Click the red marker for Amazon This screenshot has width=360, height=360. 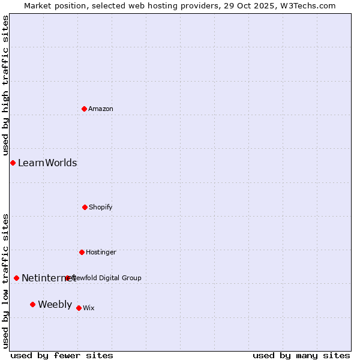tap(85, 109)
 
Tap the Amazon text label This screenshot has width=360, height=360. tap(101, 109)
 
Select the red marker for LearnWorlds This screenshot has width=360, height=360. tap(13, 163)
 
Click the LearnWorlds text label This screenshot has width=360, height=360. tap(47, 163)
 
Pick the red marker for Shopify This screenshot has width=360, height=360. tap(85, 207)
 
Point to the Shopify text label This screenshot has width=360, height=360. tap(101, 208)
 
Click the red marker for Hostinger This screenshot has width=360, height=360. tap(82, 252)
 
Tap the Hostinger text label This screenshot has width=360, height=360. tap(101, 253)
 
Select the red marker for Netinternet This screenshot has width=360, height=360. tap(16, 278)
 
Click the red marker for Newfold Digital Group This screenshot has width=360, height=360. tap(67, 278)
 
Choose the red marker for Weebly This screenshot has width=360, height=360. tap(32, 304)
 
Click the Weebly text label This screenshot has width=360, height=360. tap(55, 305)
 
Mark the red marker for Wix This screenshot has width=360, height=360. tap(79, 308)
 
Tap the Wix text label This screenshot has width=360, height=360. tap(89, 308)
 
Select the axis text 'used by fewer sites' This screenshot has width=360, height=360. tap(62, 356)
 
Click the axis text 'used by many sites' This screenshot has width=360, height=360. tap(301, 356)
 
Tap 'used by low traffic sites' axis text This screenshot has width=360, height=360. tap(6, 281)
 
